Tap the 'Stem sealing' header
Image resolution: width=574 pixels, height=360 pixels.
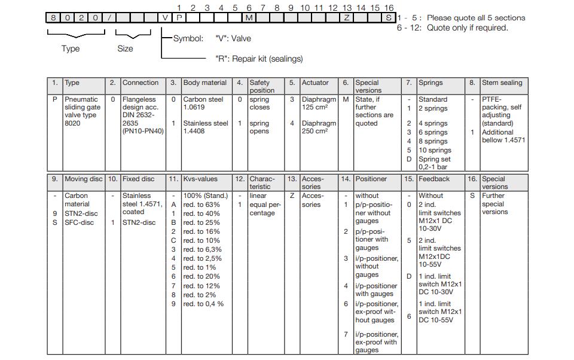coord(502,83)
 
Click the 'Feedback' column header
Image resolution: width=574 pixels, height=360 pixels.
coord(433,179)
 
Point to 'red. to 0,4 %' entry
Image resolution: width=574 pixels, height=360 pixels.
coord(203,304)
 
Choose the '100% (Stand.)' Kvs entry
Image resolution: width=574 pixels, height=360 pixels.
coord(205,196)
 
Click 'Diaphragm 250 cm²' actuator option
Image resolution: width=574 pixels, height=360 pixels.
coord(319,127)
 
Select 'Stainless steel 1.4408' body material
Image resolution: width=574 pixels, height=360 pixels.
coord(205,127)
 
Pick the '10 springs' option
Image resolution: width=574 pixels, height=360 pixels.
coord(435,150)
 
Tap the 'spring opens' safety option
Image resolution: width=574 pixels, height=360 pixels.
coord(259,127)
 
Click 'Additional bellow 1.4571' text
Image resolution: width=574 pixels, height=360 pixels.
coord(503,136)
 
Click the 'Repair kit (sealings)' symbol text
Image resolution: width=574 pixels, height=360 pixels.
coord(259,59)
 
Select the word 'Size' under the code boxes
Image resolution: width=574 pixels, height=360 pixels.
coord(125,48)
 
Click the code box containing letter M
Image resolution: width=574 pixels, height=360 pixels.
coord(249,17)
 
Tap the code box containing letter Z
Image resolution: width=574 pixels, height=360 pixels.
coord(347,17)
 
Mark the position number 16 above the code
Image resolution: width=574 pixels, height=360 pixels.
coord(389,8)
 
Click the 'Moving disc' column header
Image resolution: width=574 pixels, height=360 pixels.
coord(83,179)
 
